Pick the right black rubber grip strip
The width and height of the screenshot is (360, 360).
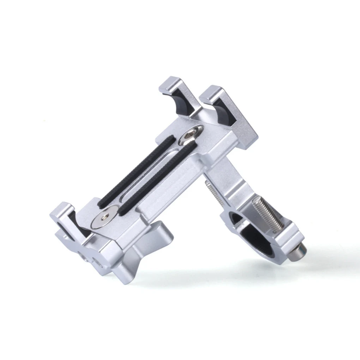coord(156,179)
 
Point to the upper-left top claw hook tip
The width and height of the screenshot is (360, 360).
coord(170,82)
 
